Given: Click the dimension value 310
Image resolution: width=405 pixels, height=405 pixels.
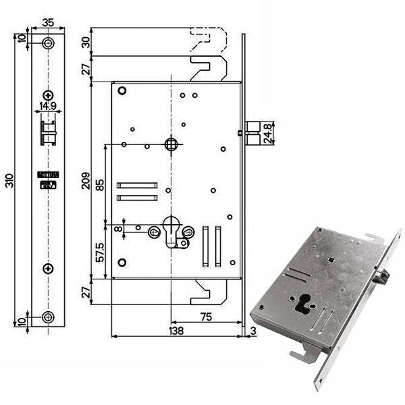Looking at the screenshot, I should [9, 180].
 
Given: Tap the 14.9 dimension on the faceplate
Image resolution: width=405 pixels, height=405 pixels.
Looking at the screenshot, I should [47, 105].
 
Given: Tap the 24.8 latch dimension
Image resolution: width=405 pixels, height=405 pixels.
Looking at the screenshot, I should [268, 133].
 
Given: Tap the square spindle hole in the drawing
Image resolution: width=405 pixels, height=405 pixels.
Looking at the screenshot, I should [171, 144].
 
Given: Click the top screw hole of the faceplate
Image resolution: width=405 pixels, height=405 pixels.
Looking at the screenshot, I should [47, 43].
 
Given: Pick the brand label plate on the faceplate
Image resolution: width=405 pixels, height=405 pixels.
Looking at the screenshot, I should [47, 179].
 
